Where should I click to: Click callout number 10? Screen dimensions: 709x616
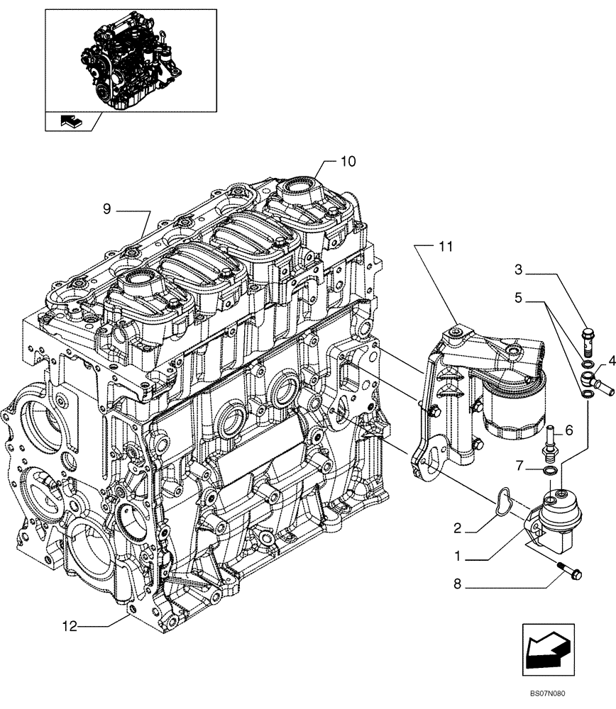[x=347, y=162]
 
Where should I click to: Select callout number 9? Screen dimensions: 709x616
[x=106, y=209]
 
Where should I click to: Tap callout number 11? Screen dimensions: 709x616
[x=444, y=247]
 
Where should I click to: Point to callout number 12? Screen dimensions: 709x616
[x=69, y=626]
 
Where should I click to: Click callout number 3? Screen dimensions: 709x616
[x=519, y=269]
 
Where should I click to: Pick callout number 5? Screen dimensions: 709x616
[x=519, y=299]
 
